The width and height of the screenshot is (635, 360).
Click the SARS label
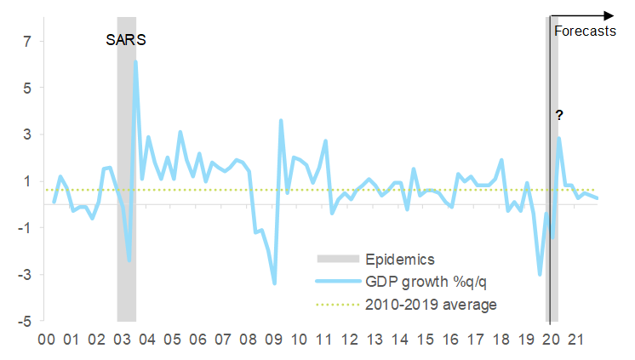126,40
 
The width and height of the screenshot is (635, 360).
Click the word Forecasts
584,31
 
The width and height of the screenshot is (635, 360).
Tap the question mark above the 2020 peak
559,115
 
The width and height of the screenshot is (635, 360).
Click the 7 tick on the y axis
27,41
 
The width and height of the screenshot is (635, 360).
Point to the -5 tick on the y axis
25,322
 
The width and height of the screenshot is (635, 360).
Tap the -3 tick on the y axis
25,275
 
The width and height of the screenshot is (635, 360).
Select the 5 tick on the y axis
27,88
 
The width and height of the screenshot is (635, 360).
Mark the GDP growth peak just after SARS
135,61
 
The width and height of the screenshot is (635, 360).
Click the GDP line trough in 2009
274,283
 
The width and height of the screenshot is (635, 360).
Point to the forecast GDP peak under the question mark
559,138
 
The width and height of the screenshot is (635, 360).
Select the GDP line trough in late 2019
540,274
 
